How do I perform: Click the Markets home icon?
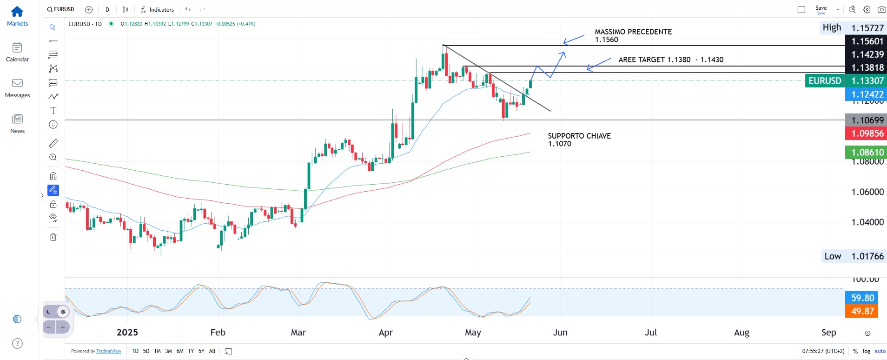tap(17, 12)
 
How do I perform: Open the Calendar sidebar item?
tap(17, 47)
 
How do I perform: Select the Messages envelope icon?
tap(17, 83)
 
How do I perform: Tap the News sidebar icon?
tap(17, 119)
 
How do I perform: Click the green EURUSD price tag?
tap(825, 81)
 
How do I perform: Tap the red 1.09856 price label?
tap(867, 133)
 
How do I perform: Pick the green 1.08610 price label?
tap(867, 152)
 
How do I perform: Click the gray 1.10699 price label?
tap(867, 120)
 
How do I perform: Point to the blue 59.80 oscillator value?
tap(862, 298)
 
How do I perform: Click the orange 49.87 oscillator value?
tap(862, 311)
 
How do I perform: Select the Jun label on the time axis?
tap(560, 333)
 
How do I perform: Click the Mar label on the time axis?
tap(298, 333)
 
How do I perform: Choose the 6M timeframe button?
tap(180, 351)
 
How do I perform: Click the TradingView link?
tap(109, 351)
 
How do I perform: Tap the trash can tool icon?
tap(53, 237)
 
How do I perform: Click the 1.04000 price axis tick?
tap(867, 222)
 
